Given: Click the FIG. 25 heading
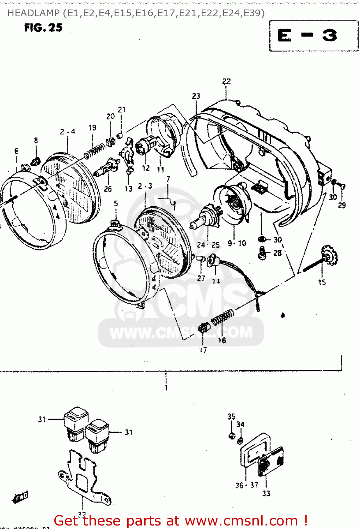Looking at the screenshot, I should [43, 28].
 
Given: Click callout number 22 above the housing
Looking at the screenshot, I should [226, 81].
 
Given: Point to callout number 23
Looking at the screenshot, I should [196, 96].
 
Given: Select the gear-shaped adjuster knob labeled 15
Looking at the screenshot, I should [329, 256].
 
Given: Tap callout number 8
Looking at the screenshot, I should [36, 140].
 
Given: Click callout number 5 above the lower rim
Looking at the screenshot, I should [116, 203].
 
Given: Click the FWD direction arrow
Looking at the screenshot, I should [20, 497].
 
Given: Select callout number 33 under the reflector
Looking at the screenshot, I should [266, 493].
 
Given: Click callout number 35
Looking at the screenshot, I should [231, 416].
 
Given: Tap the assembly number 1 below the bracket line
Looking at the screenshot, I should [166, 388].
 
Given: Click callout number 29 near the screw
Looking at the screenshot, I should [342, 205].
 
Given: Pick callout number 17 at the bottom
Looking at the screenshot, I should [203, 350].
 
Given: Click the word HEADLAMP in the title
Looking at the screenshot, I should [33, 13].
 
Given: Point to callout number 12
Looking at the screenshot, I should [146, 168].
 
